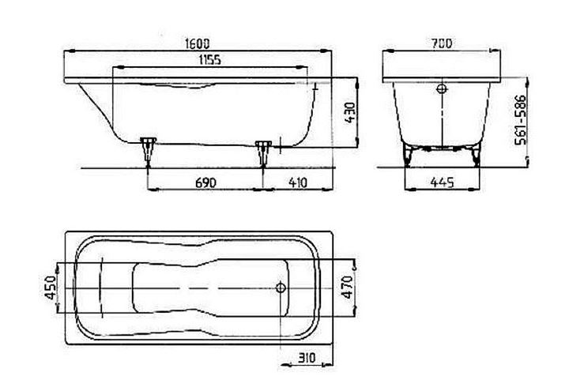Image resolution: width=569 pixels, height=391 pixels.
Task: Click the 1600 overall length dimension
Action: tap(198, 43)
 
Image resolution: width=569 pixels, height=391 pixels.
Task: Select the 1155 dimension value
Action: tap(209, 59)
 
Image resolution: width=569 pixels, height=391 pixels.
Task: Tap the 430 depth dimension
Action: tap(350, 113)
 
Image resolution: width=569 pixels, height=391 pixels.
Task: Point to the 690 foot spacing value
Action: tap(205, 182)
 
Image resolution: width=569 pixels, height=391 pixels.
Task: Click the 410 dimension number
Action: tap(298, 182)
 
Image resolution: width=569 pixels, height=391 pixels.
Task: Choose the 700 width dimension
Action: tap(442, 43)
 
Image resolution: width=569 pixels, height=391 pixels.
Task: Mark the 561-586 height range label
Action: tap(521, 120)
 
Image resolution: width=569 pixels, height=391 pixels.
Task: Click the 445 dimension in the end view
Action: tap(442, 182)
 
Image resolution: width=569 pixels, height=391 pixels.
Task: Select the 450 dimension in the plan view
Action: tap(51, 288)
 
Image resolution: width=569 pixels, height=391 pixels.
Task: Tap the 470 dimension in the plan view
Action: tap(348, 288)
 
